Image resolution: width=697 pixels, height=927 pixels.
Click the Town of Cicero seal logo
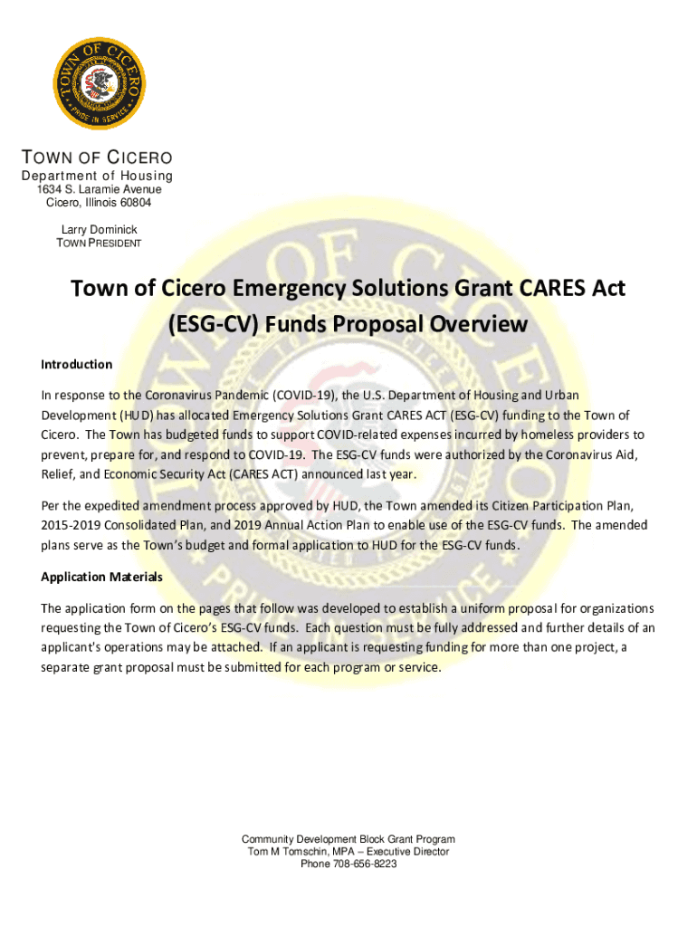coord(98,84)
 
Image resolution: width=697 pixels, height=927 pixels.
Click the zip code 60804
coord(134,203)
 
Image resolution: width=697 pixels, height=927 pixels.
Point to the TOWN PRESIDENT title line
coord(99,244)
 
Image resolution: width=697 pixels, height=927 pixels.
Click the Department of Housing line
coord(98,175)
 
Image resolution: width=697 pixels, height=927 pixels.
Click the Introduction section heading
coord(76,365)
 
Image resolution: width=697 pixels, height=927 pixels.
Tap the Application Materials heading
coord(101,577)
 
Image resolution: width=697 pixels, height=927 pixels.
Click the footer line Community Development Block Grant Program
coord(348,839)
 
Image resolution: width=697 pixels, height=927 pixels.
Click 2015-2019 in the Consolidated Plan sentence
coord(72,525)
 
